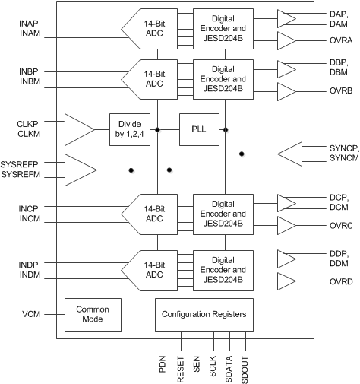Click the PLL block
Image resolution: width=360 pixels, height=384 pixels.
[x=197, y=130]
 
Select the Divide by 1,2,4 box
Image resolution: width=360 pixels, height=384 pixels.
[x=130, y=130]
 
